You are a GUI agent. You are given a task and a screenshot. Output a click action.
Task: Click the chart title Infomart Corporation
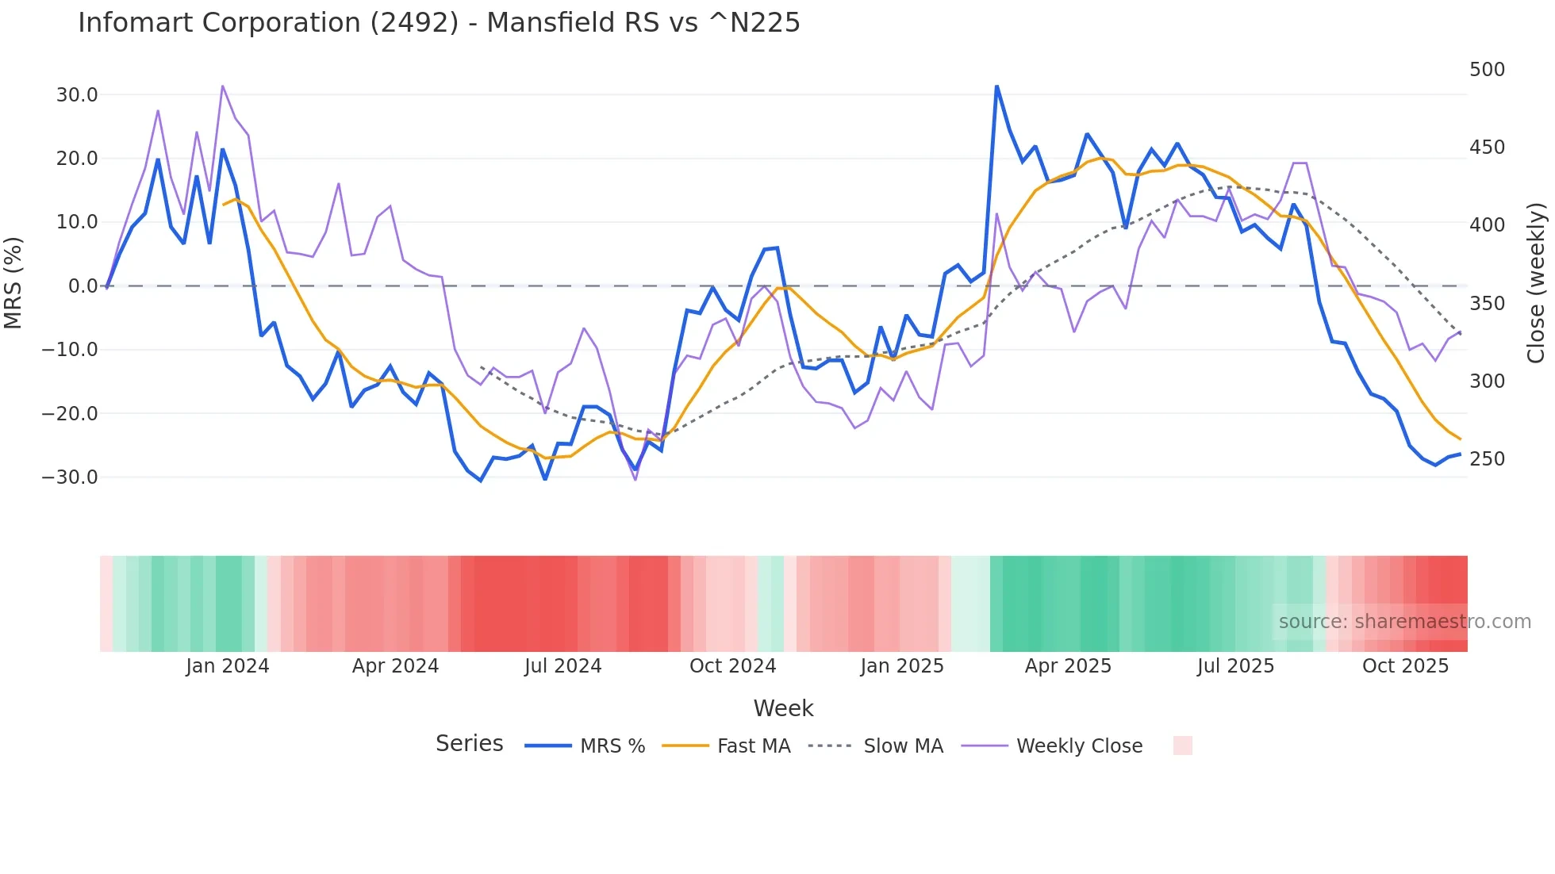[439, 23]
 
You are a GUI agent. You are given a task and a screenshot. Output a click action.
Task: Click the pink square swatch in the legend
[1182, 746]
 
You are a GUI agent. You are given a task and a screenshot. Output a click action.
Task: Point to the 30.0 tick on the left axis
[77, 95]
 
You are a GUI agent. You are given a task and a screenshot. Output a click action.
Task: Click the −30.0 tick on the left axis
[70, 477]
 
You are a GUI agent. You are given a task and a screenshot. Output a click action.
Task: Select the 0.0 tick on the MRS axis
[83, 286]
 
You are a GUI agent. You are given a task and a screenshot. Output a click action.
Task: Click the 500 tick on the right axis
[1487, 70]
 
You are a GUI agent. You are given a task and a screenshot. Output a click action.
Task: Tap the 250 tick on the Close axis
[1487, 459]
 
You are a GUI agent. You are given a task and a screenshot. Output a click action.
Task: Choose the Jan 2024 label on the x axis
[228, 666]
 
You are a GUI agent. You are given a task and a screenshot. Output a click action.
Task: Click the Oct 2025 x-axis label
[1405, 666]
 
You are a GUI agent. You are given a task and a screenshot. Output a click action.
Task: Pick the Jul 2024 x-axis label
[562, 666]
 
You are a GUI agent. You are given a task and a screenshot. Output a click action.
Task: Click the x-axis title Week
[783, 708]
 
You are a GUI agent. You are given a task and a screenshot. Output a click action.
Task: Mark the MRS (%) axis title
[13, 282]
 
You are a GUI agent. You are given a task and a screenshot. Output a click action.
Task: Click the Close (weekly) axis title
[1536, 282]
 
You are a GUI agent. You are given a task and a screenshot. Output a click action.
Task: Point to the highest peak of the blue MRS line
[996, 86]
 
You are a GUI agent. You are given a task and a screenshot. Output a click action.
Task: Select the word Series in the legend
[469, 744]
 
